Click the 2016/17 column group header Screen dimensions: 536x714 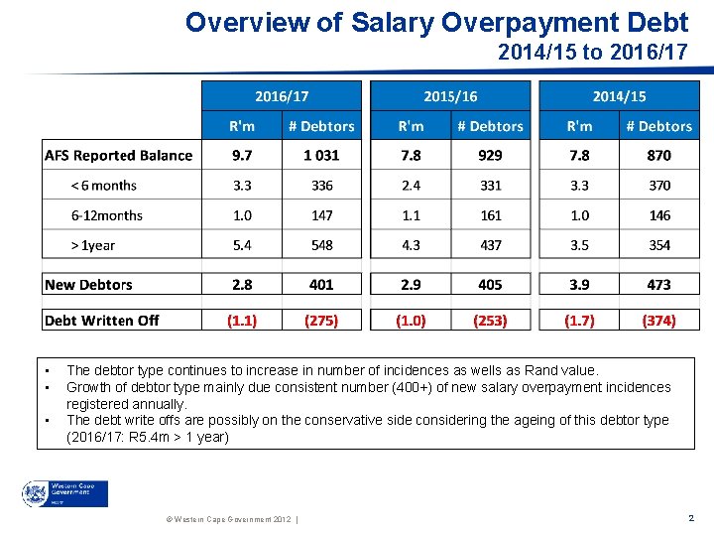[282, 95]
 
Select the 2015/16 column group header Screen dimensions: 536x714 [450, 95]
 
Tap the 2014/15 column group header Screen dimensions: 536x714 [619, 95]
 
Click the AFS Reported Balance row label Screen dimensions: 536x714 [119, 155]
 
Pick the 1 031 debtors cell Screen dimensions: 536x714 [321, 155]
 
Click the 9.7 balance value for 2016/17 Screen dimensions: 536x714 [242, 155]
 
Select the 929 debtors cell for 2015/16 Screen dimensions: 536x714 [490, 155]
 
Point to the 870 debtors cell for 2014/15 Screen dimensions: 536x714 [658, 155]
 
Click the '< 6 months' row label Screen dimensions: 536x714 [103, 186]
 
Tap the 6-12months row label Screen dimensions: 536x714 [107, 215]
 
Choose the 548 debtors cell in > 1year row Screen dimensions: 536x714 [321, 245]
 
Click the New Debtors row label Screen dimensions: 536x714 [89, 285]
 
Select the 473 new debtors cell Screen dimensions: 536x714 [658, 285]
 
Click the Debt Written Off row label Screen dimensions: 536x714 [102, 320]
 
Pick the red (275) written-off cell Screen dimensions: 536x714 [321, 320]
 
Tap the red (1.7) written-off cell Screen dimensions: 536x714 [579, 320]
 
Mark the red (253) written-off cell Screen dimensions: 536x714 [490, 320]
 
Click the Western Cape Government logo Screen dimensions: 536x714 [64, 493]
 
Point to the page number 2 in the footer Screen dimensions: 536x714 [690, 518]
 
